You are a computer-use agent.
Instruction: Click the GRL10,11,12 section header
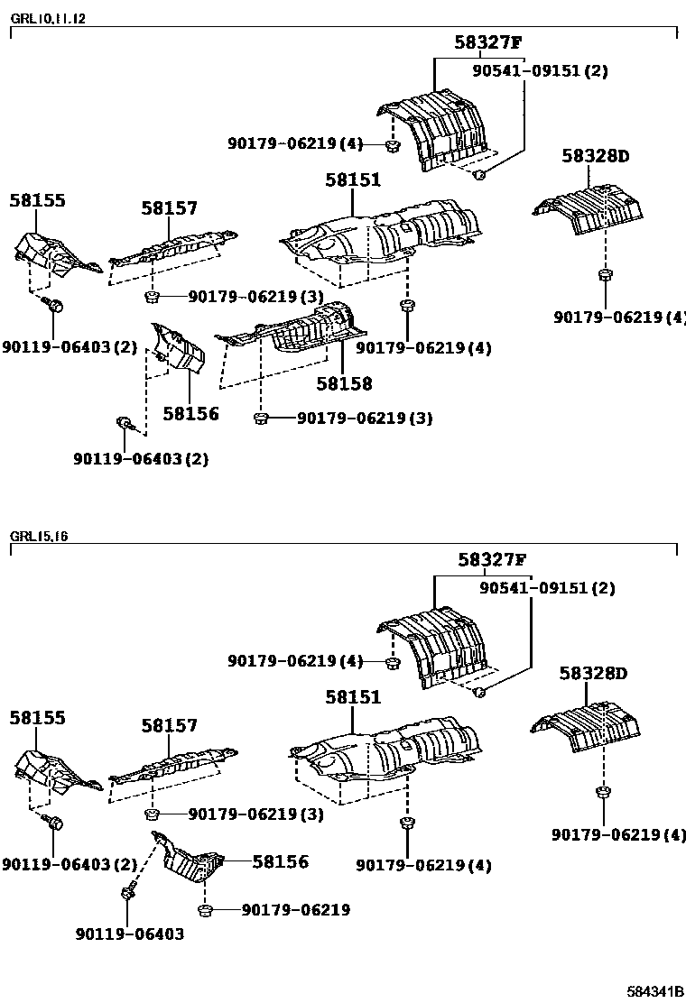(x=49, y=18)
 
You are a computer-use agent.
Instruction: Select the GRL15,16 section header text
(x=39, y=536)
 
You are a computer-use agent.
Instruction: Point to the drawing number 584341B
(x=656, y=991)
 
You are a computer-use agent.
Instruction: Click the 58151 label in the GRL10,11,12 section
(x=353, y=180)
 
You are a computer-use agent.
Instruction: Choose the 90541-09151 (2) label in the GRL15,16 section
(x=547, y=588)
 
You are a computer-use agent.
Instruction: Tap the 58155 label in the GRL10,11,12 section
(x=38, y=200)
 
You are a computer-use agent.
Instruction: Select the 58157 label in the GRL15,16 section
(x=169, y=725)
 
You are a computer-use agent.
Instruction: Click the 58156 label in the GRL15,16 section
(x=280, y=862)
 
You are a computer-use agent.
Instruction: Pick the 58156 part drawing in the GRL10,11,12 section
(x=178, y=347)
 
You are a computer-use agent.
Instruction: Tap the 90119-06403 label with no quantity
(x=130, y=934)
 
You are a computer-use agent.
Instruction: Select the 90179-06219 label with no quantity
(x=295, y=910)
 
